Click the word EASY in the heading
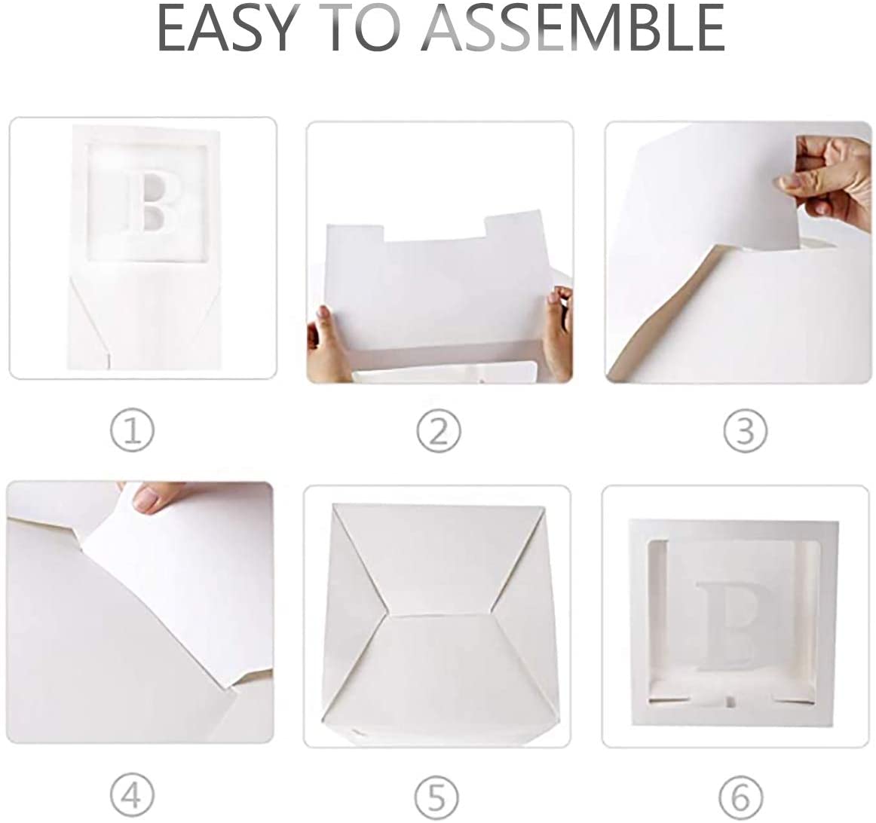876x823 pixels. (226, 29)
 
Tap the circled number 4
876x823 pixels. (132, 795)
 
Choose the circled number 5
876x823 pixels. (437, 795)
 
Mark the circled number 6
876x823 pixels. (741, 795)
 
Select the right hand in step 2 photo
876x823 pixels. (557, 331)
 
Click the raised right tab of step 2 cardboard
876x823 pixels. (512, 225)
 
